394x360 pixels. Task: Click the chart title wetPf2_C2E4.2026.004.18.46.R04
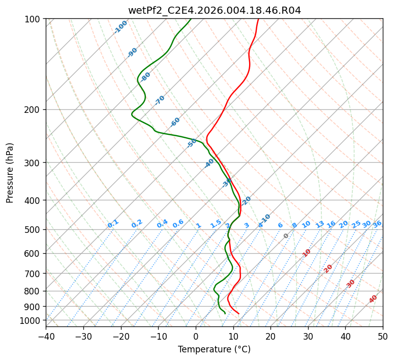coord(214,10)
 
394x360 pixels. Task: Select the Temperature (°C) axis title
coord(214,350)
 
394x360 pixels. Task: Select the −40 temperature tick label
coord(46,336)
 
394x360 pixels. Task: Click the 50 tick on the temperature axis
coord(383,336)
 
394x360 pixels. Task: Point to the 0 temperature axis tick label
coord(196,336)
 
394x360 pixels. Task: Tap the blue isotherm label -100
coord(121,26)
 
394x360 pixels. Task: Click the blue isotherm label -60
coord(175,122)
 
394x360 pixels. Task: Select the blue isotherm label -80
coord(146,77)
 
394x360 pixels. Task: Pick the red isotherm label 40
coord(373,299)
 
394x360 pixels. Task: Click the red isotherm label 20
coord(328,268)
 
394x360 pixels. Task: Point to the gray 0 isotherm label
coord(286,236)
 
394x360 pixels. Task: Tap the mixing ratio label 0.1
coord(113,223)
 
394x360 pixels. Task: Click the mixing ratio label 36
coord(377,224)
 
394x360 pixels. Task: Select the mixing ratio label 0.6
coord(178,224)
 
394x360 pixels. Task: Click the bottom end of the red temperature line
coord(239,313)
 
